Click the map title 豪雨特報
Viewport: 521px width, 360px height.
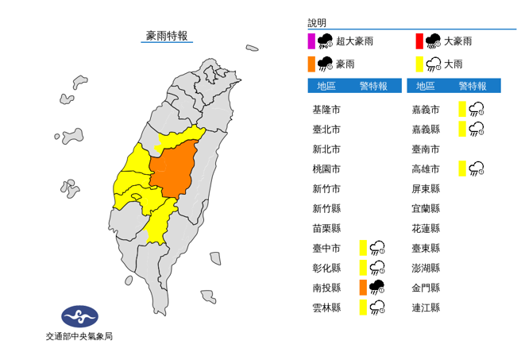(x=167, y=36)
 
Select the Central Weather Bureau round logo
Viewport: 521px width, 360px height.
(x=79, y=316)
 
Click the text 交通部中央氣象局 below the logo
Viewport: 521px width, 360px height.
(x=79, y=336)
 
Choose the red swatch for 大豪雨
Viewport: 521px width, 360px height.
(x=419, y=41)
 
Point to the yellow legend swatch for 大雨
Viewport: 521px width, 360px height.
(x=419, y=64)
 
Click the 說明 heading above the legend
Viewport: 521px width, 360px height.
(x=317, y=24)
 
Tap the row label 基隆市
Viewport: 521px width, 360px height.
(x=326, y=109)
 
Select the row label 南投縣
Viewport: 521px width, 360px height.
(x=326, y=287)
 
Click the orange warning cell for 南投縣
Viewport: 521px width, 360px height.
(x=362, y=287)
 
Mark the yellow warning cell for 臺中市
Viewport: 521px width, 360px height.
(x=362, y=247)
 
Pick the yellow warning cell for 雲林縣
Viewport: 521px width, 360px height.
(x=362, y=307)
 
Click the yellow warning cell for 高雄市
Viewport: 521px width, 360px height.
(x=462, y=168)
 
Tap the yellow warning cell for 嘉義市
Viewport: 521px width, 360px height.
(x=462, y=109)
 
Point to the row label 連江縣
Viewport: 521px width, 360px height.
(x=426, y=307)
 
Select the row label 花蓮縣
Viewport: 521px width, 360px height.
(x=426, y=227)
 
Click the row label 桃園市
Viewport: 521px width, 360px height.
(x=326, y=168)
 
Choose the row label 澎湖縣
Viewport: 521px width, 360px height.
(x=426, y=267)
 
